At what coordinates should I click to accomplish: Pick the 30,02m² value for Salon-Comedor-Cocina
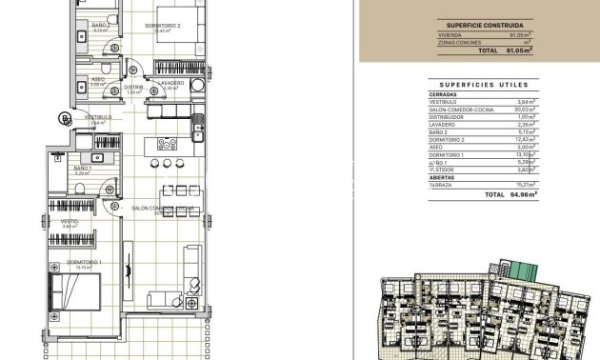click(x=524, y=110)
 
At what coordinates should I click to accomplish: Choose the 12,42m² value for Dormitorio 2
click(x=524, y=139)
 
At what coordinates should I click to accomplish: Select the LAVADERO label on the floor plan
click(x=171, y=83)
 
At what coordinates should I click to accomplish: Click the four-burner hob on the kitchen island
click(x=165, y=145)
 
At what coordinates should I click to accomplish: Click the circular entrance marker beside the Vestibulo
click(x=64, y=118)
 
